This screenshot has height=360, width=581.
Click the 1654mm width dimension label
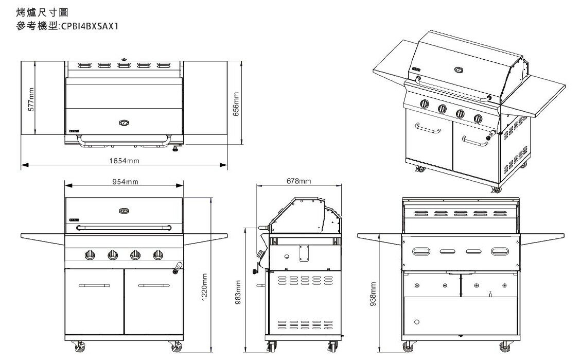point(124,161)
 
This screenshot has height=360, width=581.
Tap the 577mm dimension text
point(31,99)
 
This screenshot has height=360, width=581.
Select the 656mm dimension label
point(236,104)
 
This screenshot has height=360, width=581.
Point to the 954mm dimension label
point(125,182)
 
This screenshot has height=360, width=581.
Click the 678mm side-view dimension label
point(298,181)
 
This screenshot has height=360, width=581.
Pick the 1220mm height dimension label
point(204,287)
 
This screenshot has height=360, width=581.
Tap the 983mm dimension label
point(238,293)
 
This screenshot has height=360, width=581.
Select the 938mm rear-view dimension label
point(374,294)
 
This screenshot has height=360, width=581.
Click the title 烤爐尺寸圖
point(42,12)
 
